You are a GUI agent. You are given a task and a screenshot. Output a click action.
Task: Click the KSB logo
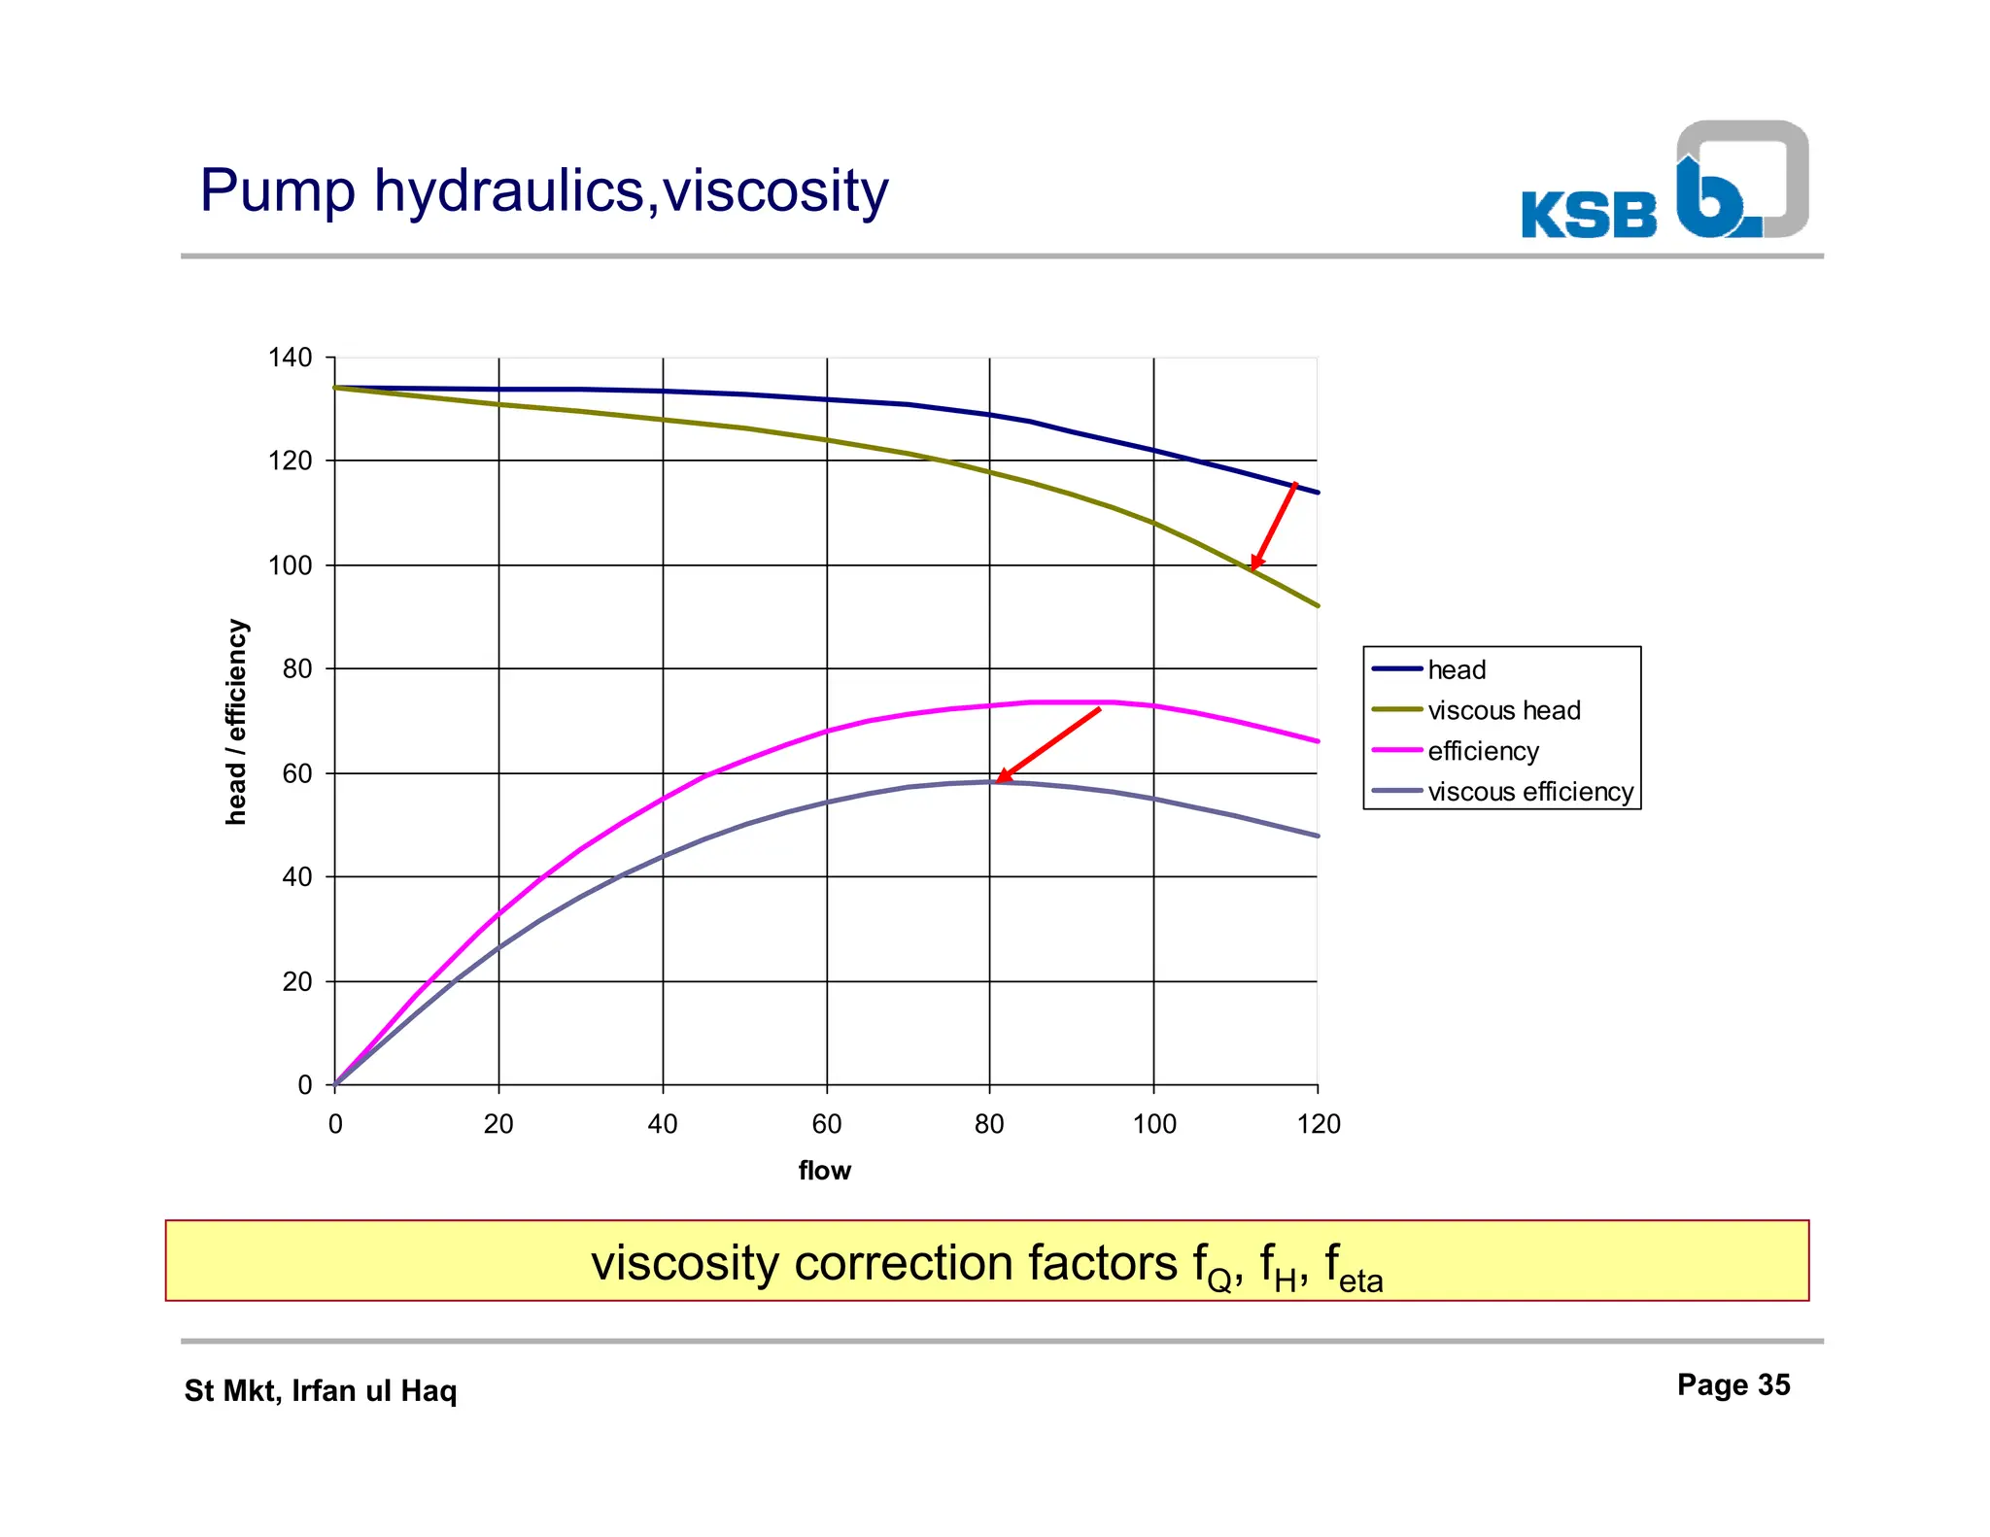pos(1664,183)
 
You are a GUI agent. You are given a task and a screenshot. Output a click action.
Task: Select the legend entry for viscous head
pos(1503,710)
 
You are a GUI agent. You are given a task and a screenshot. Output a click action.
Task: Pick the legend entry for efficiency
pos(1483,751)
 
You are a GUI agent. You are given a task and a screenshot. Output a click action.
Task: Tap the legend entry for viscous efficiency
pos(1529,792)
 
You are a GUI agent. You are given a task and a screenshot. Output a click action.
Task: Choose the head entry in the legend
pos(1457,669)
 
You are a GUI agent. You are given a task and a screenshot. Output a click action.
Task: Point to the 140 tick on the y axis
pos(290,358)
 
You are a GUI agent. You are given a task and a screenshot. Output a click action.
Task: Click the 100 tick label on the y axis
pos(290,564)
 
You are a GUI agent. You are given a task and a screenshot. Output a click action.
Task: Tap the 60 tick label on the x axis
pos(826,1124)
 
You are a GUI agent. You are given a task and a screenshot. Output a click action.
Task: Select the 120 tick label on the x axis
pos(1318,1124)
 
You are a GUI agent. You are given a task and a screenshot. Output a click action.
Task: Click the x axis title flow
pos(824,1171)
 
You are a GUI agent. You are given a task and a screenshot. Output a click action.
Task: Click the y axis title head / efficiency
pos(236,722)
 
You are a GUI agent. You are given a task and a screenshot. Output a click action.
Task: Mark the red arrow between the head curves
pos(1274,526)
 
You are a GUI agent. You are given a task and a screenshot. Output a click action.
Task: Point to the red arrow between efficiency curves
pos(1048,744)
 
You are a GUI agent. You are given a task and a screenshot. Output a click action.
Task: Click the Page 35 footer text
pos(1733,1384)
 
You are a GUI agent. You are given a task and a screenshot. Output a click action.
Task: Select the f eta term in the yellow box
pos(1353,1267)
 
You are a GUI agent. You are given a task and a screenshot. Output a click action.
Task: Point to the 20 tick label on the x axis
pos(498,1124)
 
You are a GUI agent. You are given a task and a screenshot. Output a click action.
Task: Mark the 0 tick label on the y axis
pos(305,1085)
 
